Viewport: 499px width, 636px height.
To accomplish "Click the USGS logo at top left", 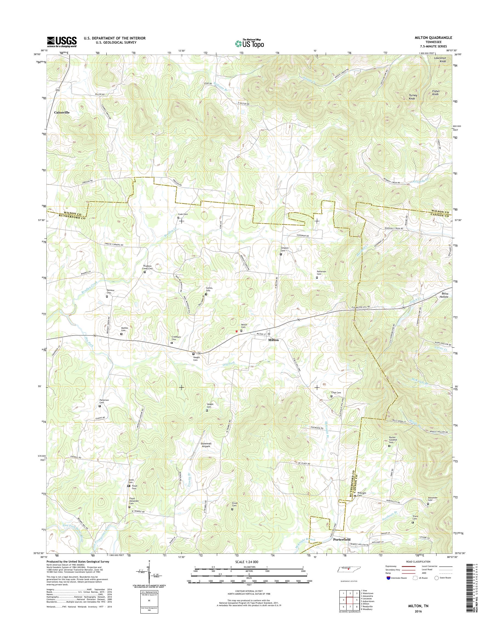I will pyautogui.click(x=62, y=42).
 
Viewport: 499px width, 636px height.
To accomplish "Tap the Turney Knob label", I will pyautogui.click(x=413, y=97).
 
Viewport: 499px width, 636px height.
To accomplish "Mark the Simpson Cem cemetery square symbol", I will pyautogui.click(x=281, y=254).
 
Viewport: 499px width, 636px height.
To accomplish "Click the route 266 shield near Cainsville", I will pyautogui.click(x=58, y=90).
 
